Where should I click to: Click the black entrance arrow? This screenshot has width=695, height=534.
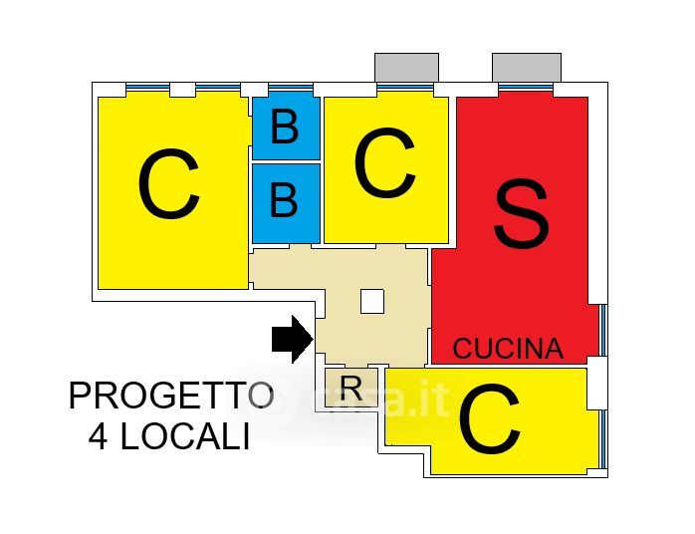tap(292, 339)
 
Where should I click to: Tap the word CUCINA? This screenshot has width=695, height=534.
tap(508, 349)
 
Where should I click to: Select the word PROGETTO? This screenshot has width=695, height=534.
tap(170, 396)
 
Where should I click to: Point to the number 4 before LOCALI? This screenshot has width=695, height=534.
tap(99, 437)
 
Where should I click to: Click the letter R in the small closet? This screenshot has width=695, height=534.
tap(350, 388)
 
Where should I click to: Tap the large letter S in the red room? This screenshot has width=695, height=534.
tap(522, 217)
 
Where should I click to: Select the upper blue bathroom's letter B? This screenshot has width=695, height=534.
tap(285, 129)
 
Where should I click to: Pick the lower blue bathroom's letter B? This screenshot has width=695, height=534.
tap(285, 201)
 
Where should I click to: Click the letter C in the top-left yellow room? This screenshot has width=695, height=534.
tap(168, 186)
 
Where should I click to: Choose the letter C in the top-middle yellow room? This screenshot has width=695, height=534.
tap(383, 165)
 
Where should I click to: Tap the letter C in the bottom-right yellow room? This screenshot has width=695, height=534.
tap(489, 422)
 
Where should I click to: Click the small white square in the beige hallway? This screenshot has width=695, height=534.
tap(372, 301)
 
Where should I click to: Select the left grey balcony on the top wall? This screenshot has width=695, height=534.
tap(406, 67)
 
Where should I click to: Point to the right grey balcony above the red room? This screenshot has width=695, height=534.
tap(527, 67)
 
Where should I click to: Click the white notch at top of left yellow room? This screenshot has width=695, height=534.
tap(182, 90)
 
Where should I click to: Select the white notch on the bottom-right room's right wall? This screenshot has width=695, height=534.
tap(595, 383)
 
